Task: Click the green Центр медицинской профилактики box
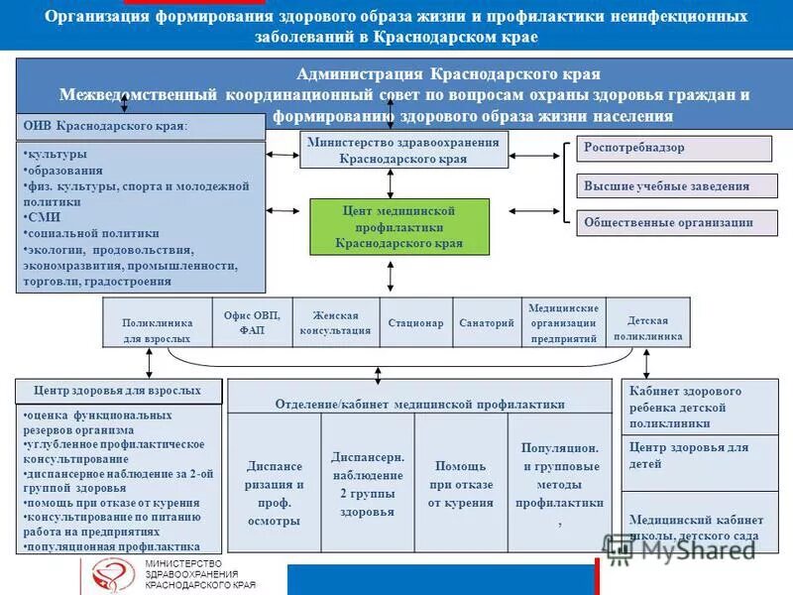tap(399, 227)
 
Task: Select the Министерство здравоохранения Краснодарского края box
tap(403, 150)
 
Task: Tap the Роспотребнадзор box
tap(674, 149)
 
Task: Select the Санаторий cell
tap(487, 323)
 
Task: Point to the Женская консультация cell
tap(335, 323)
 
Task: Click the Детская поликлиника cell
tap(648, 328)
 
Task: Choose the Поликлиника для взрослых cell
tap(158, 330)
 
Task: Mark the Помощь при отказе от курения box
tap(461, 484)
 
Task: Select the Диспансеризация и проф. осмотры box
tap(275, 484)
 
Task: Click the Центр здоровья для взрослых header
tap(118, 391)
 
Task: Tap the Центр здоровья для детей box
tap(689, 456)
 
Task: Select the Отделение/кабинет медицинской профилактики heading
tap(419, 405)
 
